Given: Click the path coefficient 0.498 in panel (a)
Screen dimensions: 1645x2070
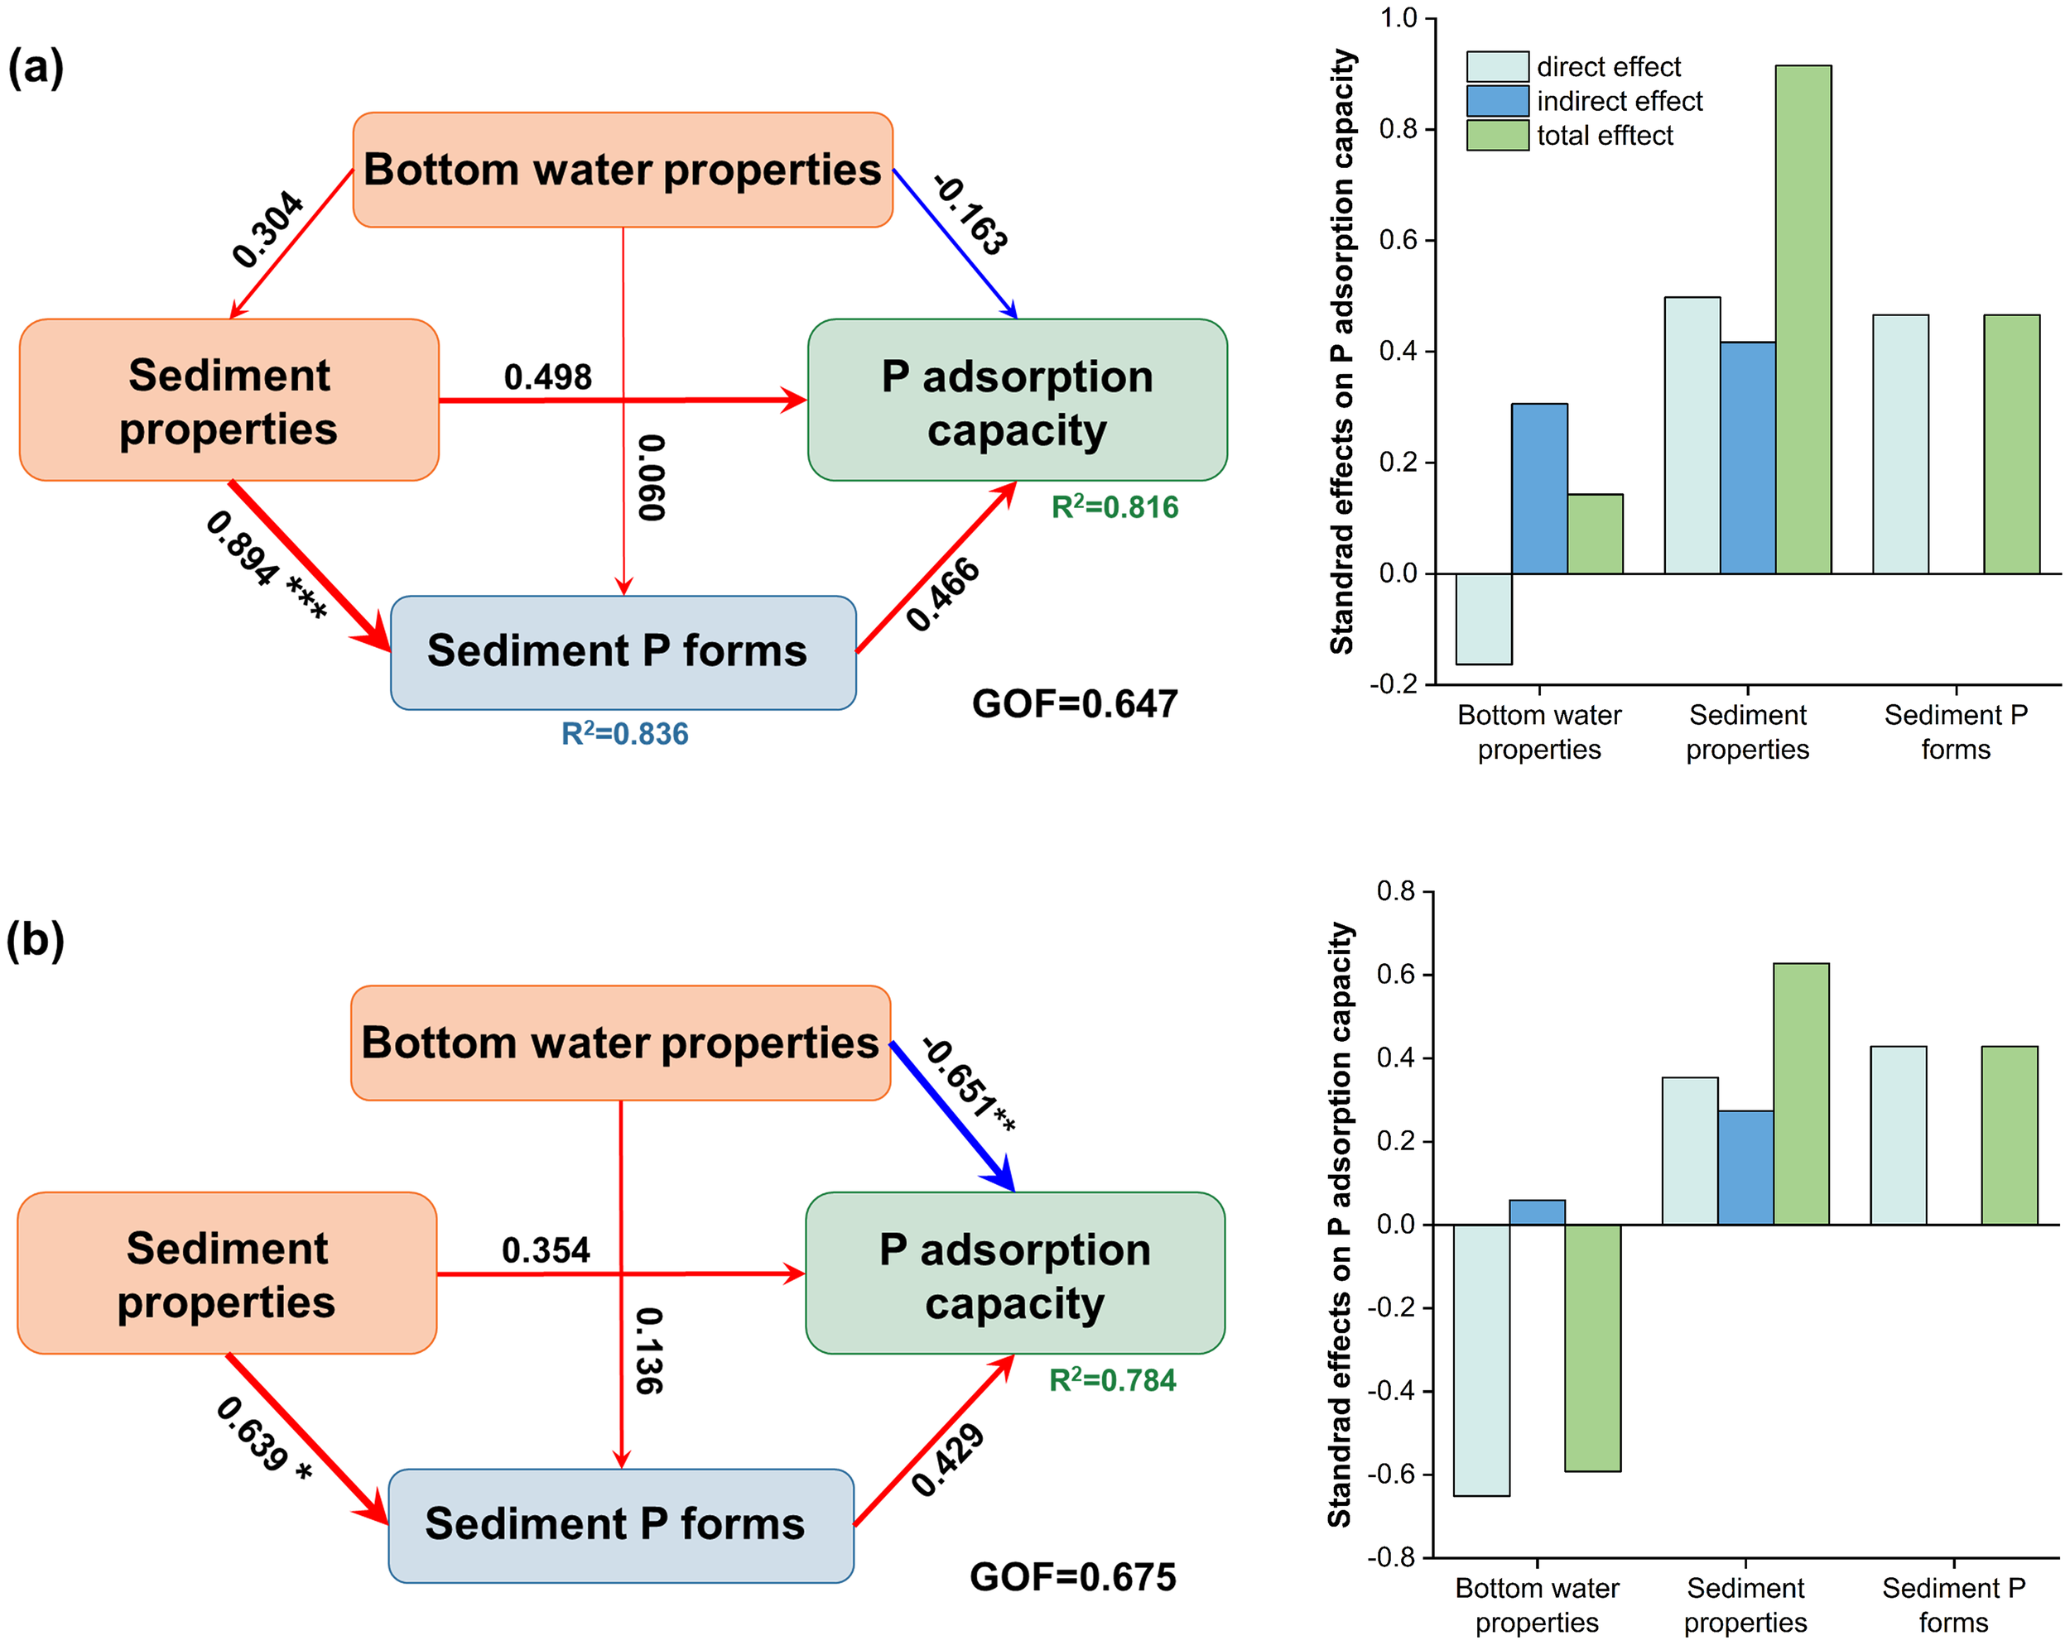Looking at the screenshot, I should [x=547, y=377].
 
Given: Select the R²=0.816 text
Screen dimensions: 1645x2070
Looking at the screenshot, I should [x=1114, y=506].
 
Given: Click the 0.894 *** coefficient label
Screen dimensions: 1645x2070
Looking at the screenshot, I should [x=266, y=565].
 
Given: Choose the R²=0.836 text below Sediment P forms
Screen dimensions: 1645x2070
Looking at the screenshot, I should [x=624, y=734].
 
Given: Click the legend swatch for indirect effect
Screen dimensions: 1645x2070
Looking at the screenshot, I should [x=1496, y=101].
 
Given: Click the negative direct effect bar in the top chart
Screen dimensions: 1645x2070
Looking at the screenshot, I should [x=1484, y=618].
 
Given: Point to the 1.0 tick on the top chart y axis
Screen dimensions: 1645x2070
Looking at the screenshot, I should [x=1398, y=18].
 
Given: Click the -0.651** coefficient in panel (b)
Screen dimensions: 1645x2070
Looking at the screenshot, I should [x=970, y=1085].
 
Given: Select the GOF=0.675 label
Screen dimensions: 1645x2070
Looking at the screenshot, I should [x=1071, y=1577].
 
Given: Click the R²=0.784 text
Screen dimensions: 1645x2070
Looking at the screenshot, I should [x=1112, y=1380].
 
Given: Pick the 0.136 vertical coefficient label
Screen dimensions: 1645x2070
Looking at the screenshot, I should [x=650, y=1350].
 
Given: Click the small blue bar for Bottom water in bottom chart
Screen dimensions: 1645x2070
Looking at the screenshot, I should [x=1536, y=1212].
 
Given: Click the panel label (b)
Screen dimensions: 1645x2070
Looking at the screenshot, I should [x=35, y=940].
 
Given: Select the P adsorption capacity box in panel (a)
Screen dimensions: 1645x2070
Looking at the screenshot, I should [x=1017, y=400].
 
